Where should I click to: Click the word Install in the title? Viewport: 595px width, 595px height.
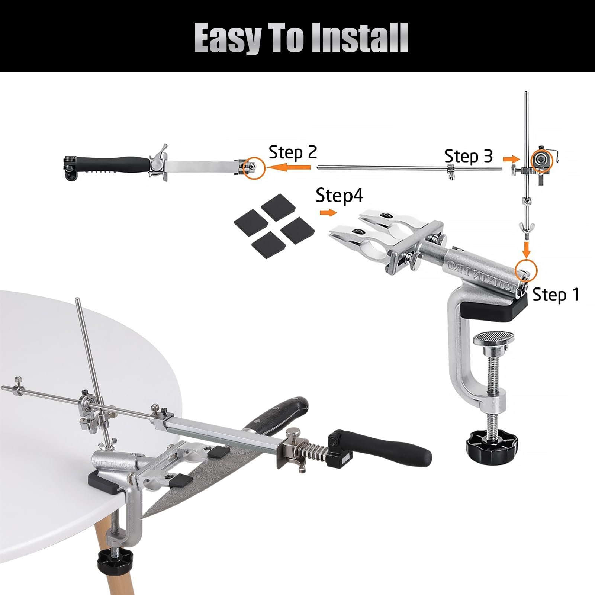(x=360, y=38)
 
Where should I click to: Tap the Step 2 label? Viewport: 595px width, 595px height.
(x=293, y=152)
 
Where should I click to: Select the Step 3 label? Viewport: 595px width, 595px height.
(x=468, y=156)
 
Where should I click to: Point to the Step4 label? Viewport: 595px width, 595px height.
(x=339, y=195)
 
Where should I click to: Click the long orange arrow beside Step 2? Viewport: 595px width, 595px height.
(x=289, y=168)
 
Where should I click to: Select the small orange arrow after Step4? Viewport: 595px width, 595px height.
(x=328, y=212)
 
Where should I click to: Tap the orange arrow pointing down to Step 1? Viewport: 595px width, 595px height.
(x=526, y=250)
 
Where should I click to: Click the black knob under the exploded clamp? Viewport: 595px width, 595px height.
(x=487, y=441)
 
